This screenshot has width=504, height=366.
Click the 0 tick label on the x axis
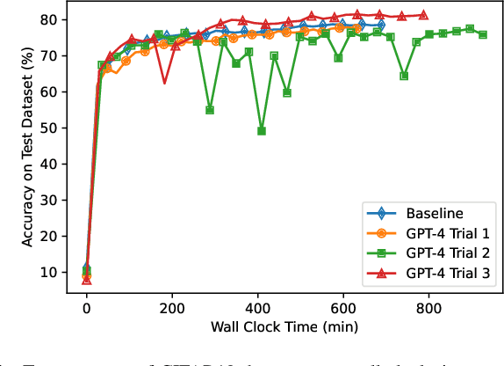(86, 309)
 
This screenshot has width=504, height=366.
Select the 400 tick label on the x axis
(257, 309)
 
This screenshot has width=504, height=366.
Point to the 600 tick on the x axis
(343, 309)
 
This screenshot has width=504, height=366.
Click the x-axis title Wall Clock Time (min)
(278, 327)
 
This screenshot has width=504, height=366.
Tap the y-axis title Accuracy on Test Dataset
(16, 146)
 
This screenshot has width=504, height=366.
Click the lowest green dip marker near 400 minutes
(262, 131)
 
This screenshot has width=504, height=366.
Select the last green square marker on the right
(483, 35)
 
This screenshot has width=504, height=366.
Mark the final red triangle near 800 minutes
(423, 15)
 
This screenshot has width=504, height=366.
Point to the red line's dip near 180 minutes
(164, 83)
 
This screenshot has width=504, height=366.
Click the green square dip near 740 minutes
(404, 76)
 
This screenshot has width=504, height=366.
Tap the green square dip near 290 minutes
(210, 110)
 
